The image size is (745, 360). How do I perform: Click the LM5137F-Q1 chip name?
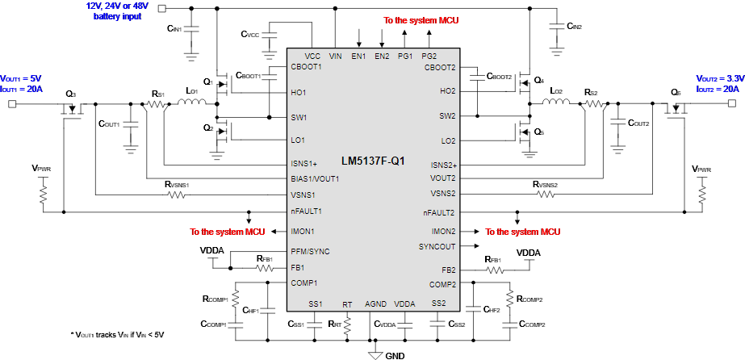pyautogui.click(x=372, y=161)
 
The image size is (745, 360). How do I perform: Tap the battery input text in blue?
pyautogui.click(x=117, y=10)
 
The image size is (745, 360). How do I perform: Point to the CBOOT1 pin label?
pyautogui.click(x=306, y=67)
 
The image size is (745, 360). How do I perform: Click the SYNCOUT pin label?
pyautogui.click(x=437, y=246)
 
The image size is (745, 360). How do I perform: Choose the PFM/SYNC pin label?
pyautogui.click(x=310, y=251)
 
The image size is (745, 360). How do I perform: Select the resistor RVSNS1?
pyautogui.click(x=177, y=195)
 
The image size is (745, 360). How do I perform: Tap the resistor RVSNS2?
pyautogui.click(x=546, y=195)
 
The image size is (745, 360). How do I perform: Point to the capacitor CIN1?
pyautogui.click(x=191, y=30)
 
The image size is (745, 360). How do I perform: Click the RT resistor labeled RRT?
pyautogui.click(x=347, y=324)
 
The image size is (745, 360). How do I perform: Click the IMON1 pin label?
pyautogui.click(x=303, y=232)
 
